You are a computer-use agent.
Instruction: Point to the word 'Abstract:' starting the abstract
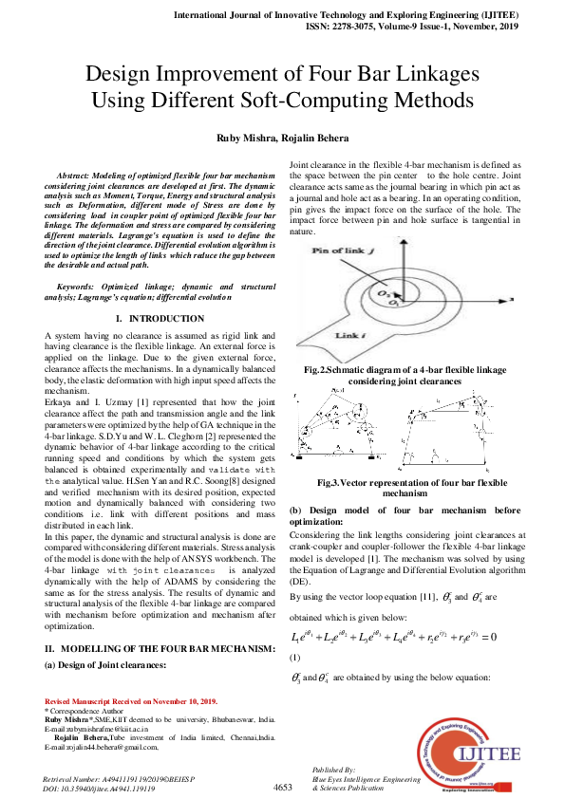coord(80,177)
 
